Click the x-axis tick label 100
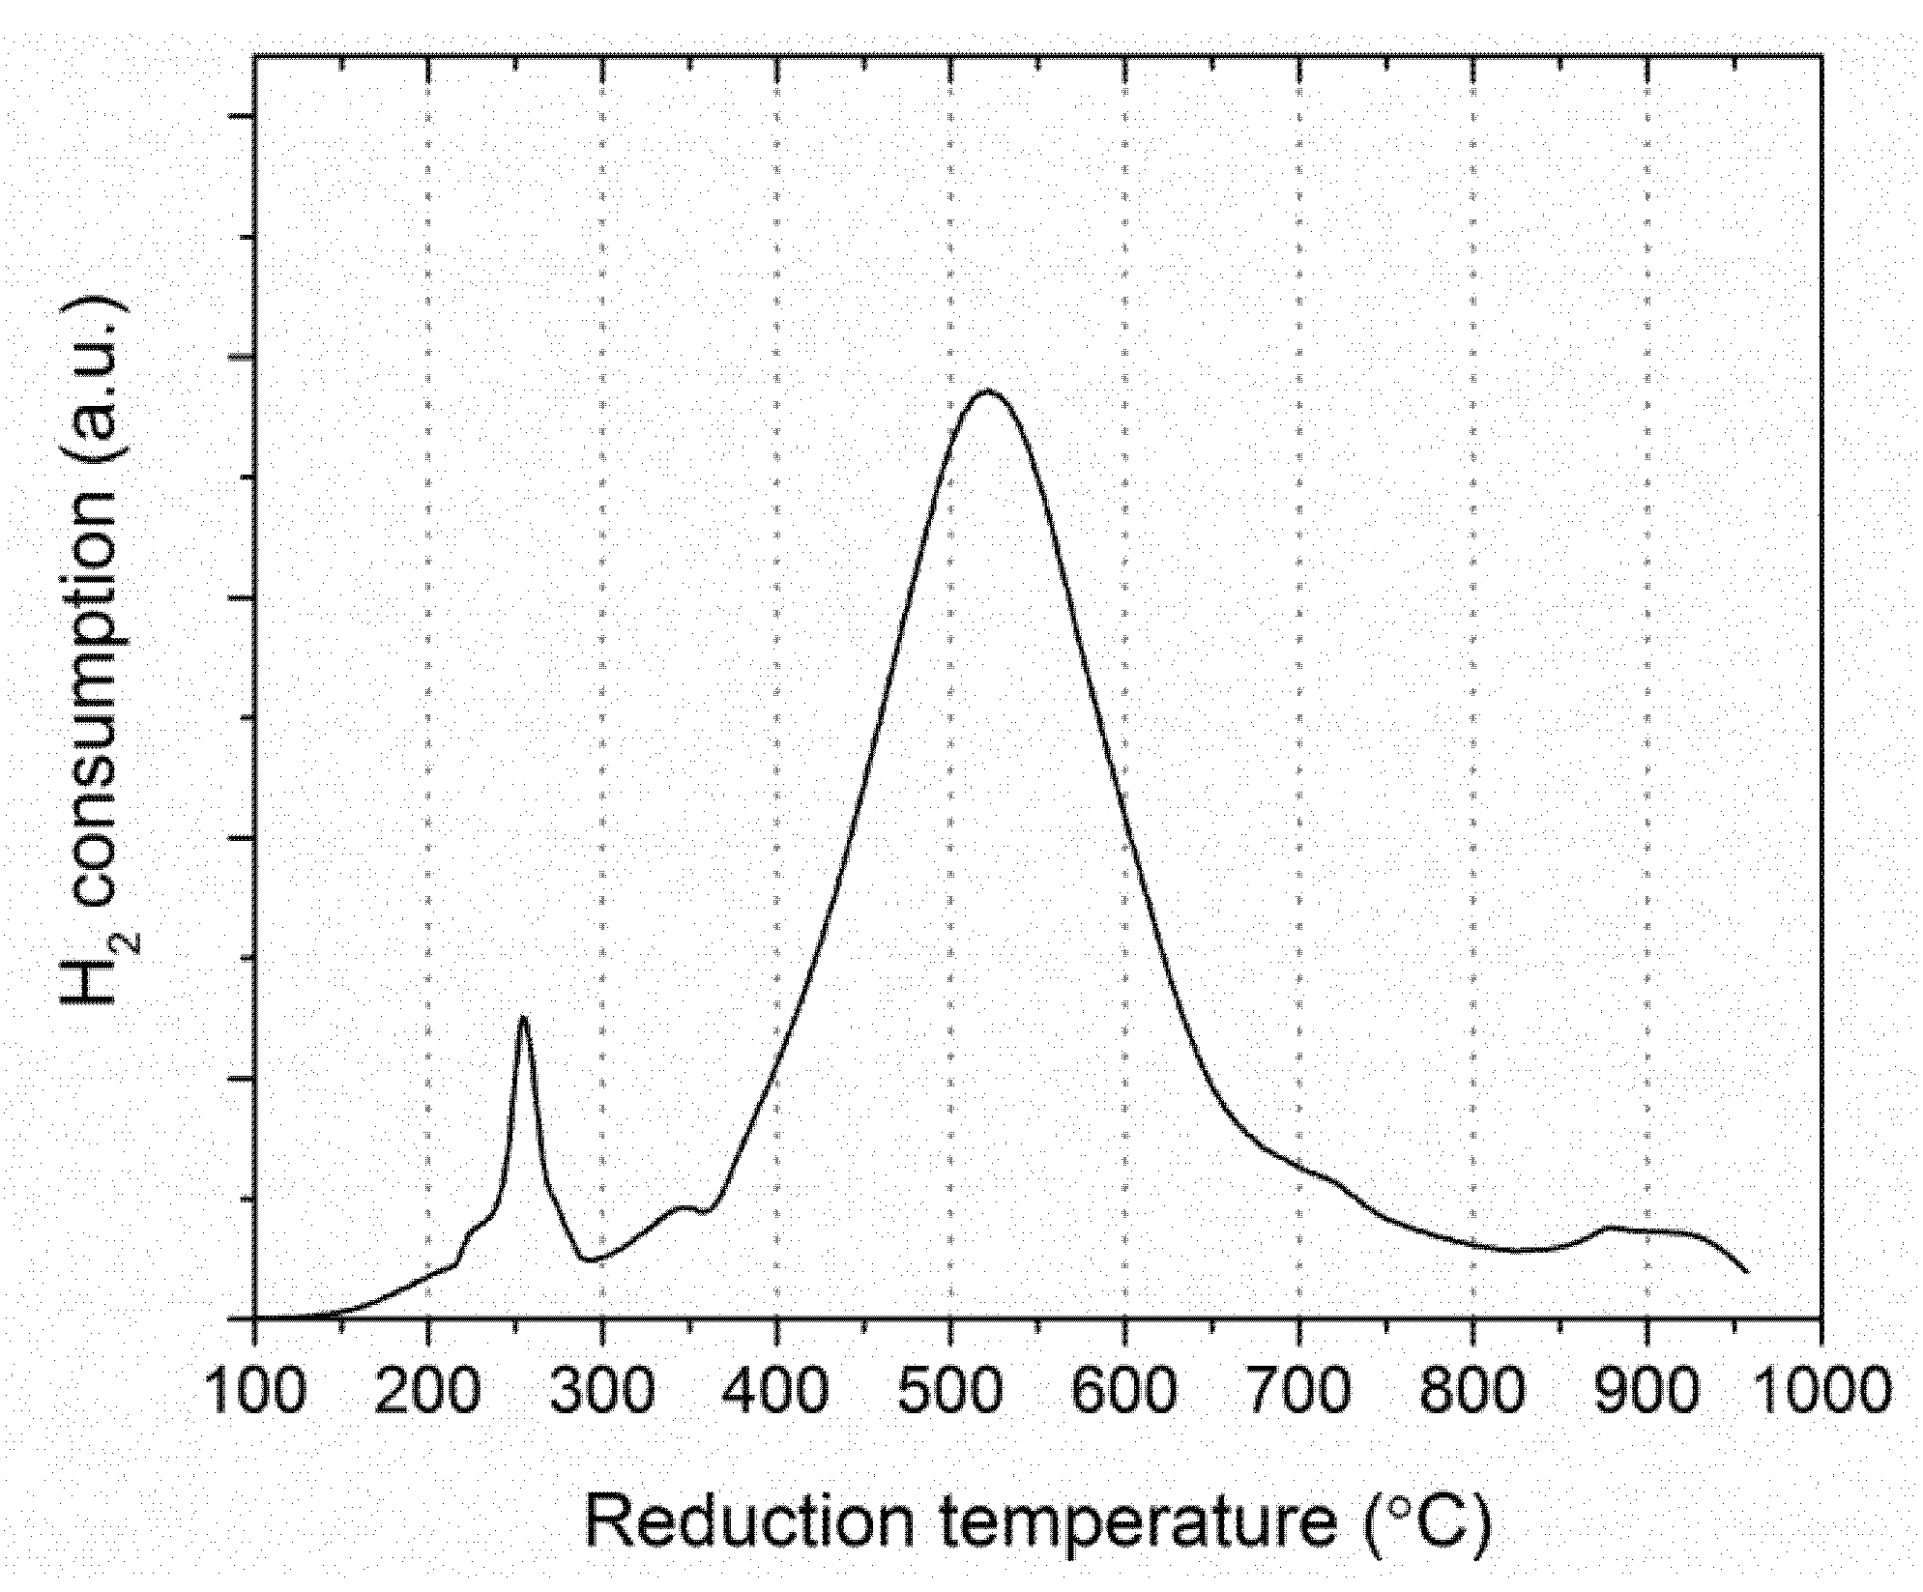[255, 1390]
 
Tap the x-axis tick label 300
[602, 1390]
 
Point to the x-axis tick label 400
[776, 1390]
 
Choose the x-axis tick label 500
[951, 1390]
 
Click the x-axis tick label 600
[1125, 1390]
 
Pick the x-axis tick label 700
[1299, 1390]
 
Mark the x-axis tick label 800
[1473, 1390]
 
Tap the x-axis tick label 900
[1647, 1390]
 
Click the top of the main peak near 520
[987, 391]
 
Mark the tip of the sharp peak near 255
[523, 1016]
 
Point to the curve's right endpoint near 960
[1747, 1272]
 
